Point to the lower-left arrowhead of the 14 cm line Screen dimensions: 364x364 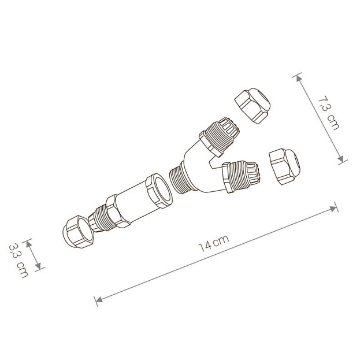[98, 299]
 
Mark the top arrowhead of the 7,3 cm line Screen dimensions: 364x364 [298, 76]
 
